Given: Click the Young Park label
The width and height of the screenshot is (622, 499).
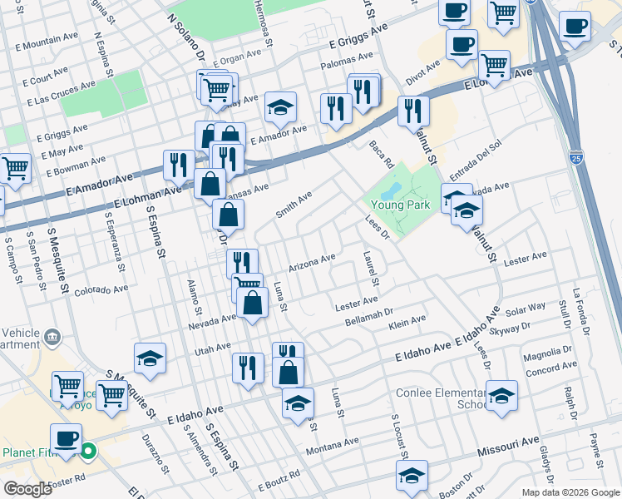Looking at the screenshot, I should (399, 204).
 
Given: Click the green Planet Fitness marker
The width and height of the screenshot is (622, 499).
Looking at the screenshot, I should (88, 453).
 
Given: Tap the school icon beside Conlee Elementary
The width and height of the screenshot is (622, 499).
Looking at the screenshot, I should (501, 397).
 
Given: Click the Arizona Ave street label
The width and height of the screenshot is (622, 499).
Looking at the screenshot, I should (312, 262).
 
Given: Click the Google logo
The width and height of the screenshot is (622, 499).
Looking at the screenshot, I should (27, 489).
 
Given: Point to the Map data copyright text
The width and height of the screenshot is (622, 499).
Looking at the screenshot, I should (570, 492).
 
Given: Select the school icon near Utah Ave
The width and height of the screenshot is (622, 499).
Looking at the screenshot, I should (150, 358).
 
